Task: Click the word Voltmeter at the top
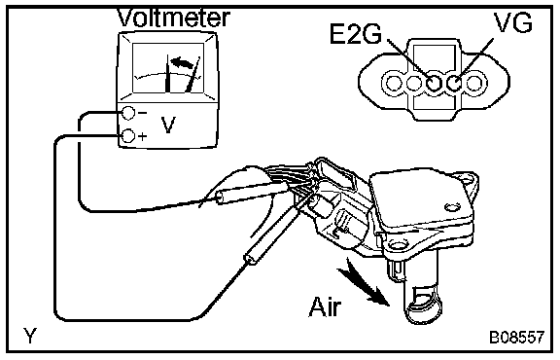tap(174, 18)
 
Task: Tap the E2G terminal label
tap(356, 34)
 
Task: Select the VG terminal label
tap(513, 22)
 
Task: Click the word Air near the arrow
tap(325, 306)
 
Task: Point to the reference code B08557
tap(517, 337)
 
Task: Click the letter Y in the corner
tap(30, 336)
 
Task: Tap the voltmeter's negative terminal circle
tap(128, 113)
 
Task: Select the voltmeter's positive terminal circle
tap(128, 136)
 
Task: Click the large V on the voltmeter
tap(168, 125)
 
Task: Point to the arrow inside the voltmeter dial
tap(182, 62)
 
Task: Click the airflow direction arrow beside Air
tap(364, 282)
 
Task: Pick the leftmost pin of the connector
tap(395, 84)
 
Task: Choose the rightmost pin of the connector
tap(473, 84)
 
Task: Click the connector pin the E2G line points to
tap(434, 84)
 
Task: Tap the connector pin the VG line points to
tap(454, 84)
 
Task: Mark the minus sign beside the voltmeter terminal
tap(142, 113)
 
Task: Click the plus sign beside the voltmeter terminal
tap(143, 136)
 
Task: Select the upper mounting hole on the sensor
tap(465, 178)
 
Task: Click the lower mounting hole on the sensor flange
tap(398, 245)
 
